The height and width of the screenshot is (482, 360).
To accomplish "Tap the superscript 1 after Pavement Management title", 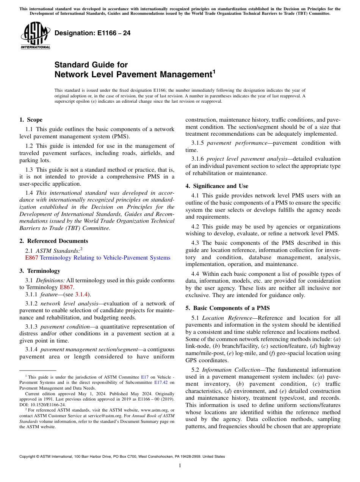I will click(214, 71).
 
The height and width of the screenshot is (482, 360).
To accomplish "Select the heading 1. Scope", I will click(31, 120).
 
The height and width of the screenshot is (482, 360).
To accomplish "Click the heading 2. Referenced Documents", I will click(53, 241).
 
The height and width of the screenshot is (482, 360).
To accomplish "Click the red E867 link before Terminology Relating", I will click(31, 258).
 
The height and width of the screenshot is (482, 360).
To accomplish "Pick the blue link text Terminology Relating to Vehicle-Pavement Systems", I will click(105, 258).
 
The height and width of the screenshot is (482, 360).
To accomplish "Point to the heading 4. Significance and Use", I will click(217, 186).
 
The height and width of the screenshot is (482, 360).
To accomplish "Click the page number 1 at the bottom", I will click(180, 466).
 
